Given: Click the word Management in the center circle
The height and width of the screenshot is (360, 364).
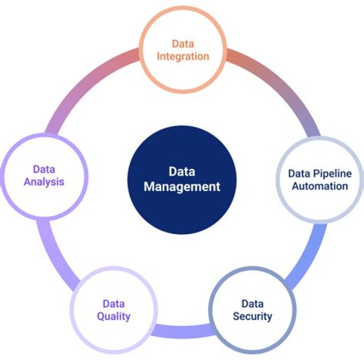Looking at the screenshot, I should [x=182, y=187].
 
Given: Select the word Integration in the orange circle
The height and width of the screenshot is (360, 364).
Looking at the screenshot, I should [x=183, y=56].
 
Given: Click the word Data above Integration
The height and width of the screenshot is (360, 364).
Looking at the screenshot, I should [x=183, y=43].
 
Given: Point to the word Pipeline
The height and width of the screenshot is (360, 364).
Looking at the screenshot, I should [x=331, y=173].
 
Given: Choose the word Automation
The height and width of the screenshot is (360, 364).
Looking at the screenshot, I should [x=319, y=186].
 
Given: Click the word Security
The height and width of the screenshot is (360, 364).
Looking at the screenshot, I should [x=252, y=317].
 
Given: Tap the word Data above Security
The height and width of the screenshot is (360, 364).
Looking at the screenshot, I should [x=252, y=304].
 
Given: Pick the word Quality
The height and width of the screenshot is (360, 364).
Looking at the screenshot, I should [x=114, y=317].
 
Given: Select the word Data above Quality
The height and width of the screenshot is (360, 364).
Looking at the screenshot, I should [x=114, y=304].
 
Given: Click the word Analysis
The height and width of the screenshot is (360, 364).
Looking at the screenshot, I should [x=44, y=182].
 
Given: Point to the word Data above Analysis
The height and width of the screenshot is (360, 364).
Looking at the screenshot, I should [x=44, y=169].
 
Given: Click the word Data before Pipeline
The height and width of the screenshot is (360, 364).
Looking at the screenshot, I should [x=299, y=173].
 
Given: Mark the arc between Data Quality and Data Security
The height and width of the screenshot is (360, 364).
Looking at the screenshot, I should [x=182, y=331].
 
